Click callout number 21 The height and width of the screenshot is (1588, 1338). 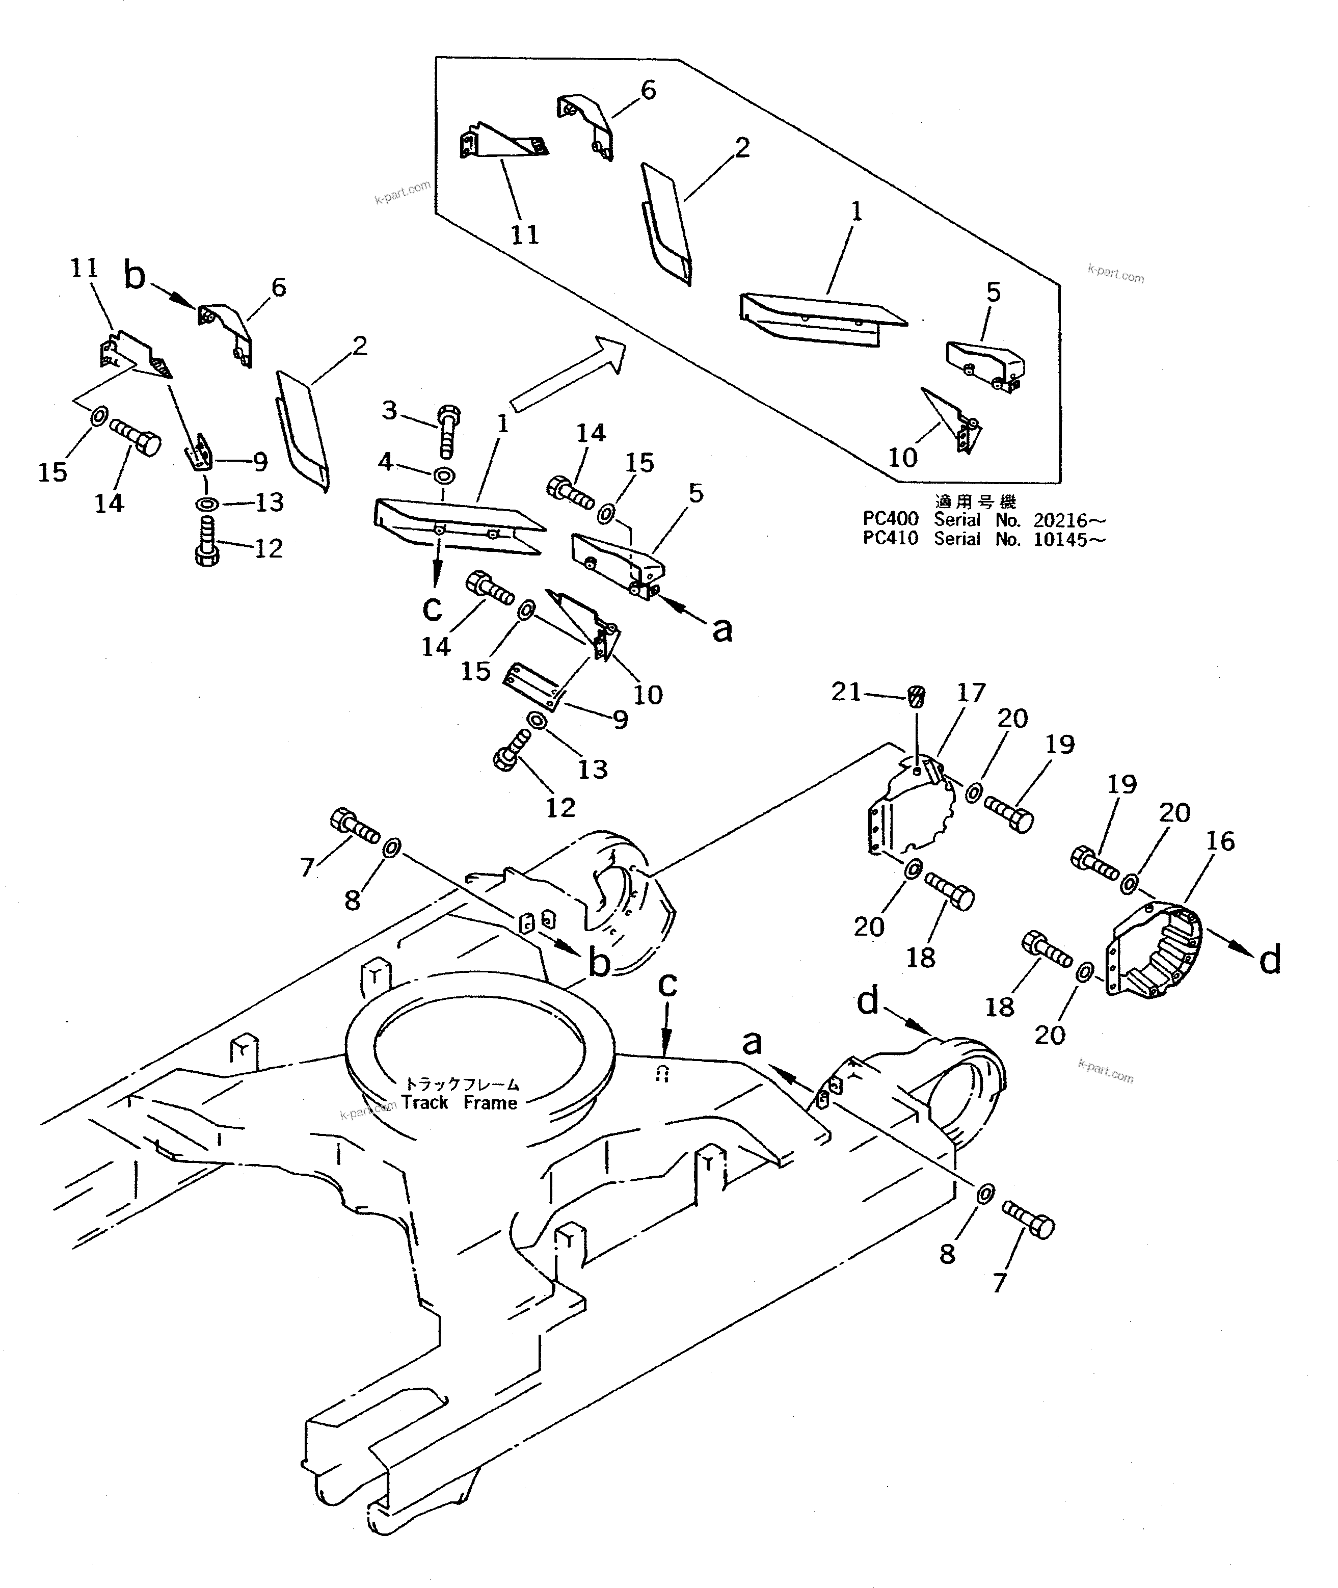point(846,692)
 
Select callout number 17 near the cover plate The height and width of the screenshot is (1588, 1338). point(970,693)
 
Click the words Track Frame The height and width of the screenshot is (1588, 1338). point(460,1102)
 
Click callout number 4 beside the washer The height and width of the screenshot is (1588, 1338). point(385,461)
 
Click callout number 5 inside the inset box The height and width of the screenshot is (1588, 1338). point(993,292)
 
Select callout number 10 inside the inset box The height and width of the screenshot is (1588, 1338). point(903,458)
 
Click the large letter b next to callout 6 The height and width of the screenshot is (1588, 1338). point(135,277)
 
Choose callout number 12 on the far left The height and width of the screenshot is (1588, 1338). point(267,548)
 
